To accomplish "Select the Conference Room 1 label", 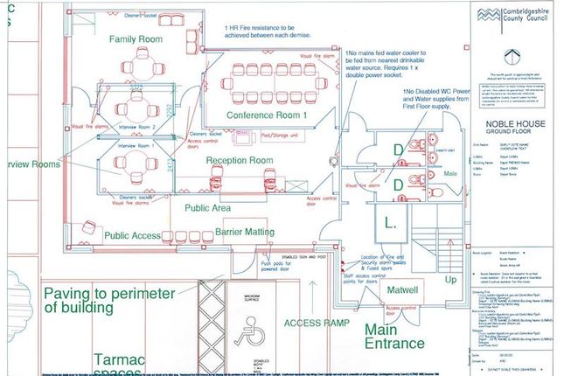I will point(254,115).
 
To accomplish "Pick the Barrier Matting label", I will point(244,232).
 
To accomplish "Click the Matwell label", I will point(405,288).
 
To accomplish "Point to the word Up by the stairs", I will point(451,281).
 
